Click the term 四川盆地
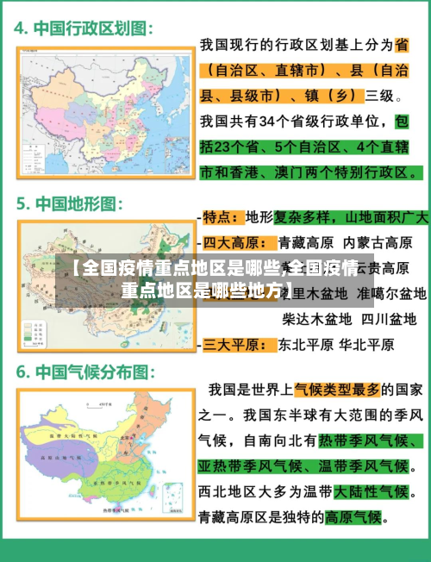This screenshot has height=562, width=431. click(388, 320)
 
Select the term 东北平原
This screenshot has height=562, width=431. click(303, 345)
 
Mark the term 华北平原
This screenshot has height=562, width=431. click(366, 345)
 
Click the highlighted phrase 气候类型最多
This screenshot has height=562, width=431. click(338, 390)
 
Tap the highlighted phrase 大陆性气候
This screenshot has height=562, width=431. click(372, 492)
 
